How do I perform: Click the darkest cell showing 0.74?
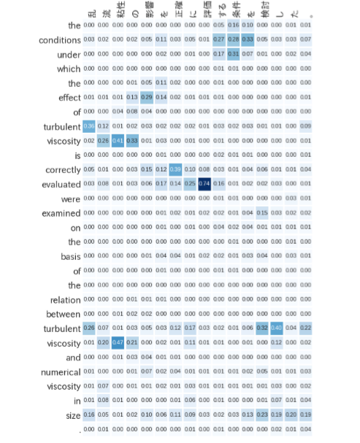[x=204, y=183]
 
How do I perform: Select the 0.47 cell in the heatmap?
[x=118, y=342]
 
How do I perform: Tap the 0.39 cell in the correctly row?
[x=175, y=169]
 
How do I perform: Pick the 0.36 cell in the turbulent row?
[x=89, y=126]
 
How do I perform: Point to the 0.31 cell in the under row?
[x=233, y=54]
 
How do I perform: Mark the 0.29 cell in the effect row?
[x=147, y=97]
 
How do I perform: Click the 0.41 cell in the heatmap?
[x=118, y=140]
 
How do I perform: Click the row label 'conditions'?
[x=60, y=39]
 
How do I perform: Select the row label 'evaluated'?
[x=61, y=184]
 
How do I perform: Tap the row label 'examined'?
[x=62, y=212]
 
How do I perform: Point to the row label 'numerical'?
[x=61, y=372]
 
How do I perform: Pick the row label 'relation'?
[x=66, y=299]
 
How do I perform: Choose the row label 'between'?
[x=64, y=314]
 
